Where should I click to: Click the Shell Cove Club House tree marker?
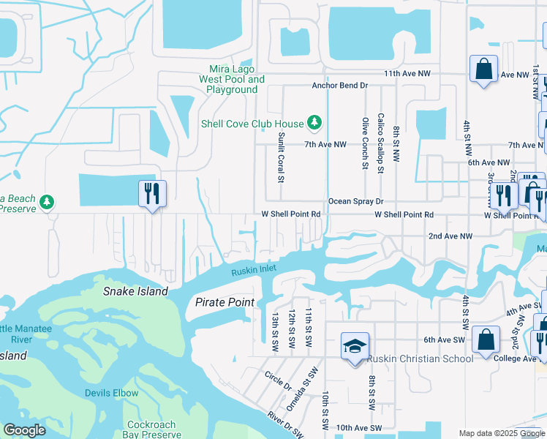314,122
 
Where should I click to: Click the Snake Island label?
134,291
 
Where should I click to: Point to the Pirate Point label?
225,302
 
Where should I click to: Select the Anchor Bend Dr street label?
339,86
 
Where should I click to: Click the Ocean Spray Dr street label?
355,201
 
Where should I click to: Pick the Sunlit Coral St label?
280,157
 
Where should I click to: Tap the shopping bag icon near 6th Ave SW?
486,340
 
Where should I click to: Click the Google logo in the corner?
24,430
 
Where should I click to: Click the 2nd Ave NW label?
450,236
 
